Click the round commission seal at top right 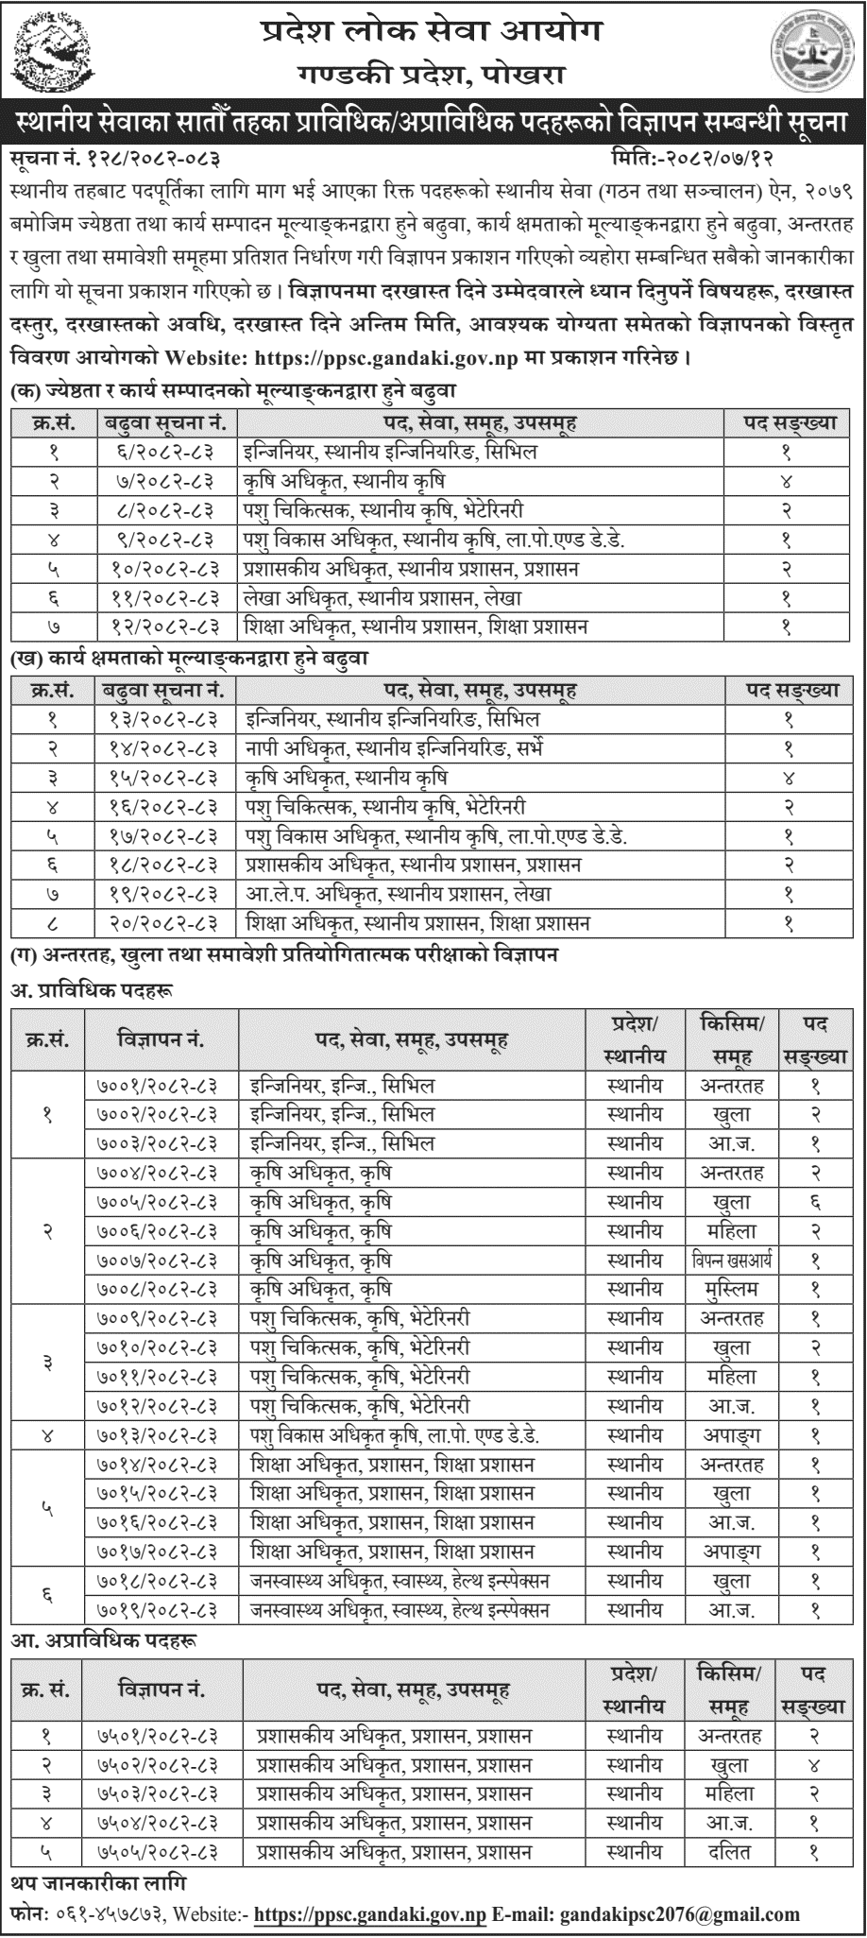[x=810, y=49]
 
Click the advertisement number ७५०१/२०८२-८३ [x=162, y=1736]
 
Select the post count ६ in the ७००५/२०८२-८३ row [x=815, y=1203]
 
